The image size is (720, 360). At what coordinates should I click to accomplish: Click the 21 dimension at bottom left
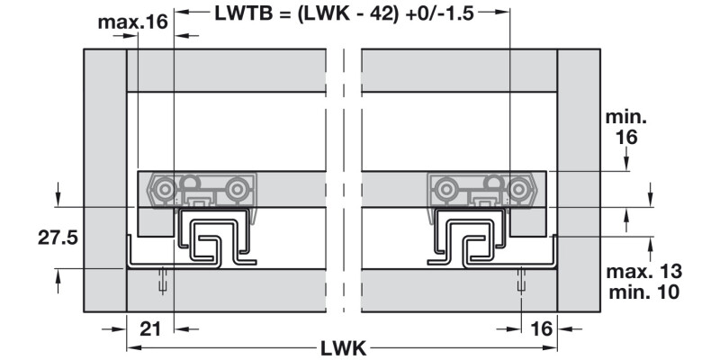(x=150, y=328)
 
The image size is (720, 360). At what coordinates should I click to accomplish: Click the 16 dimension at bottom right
(x=540, y=328)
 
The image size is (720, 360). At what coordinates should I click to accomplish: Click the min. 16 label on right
(x=627, y=129)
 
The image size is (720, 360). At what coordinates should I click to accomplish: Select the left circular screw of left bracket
(x=164, y=190)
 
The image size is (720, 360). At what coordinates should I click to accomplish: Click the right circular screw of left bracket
(x=237, y=190)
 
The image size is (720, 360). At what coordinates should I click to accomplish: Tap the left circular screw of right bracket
(x=444, y=190)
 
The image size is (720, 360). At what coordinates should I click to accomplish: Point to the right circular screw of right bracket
(x=520, y=190)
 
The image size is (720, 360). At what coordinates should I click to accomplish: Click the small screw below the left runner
(x=163, y=281)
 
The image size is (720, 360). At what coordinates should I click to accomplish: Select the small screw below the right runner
(x=522, y=281)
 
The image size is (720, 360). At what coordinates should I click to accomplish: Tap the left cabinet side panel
(x=104, y=180)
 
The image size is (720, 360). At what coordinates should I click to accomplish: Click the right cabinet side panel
(x=578, y=180)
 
